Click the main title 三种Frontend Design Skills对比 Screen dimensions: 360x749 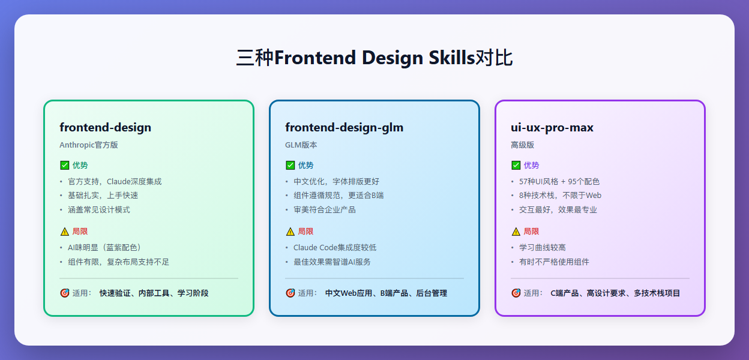[374, 58]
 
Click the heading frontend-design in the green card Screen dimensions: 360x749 [105, 127]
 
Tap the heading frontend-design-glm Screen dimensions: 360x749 [344, 127]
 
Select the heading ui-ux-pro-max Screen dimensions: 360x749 [552, 127]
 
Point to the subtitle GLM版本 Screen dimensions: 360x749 [301, 145]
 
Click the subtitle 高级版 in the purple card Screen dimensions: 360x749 [522, 145]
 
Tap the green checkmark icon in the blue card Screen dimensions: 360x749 [290, 166]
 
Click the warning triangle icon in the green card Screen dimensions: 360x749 [64, 232]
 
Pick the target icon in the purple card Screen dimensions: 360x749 [516, 293]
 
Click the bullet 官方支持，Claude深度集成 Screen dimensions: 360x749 [115, 181]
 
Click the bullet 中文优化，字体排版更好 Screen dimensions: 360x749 [336, 181]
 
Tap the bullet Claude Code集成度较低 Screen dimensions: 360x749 [335, 247]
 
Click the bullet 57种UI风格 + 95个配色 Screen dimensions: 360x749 [559, 181]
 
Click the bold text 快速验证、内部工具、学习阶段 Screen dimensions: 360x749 [154, 293]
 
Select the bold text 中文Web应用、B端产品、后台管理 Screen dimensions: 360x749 [386, 293]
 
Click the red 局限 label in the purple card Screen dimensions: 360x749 [531, 232]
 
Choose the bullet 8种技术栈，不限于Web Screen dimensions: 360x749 [560, 195]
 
